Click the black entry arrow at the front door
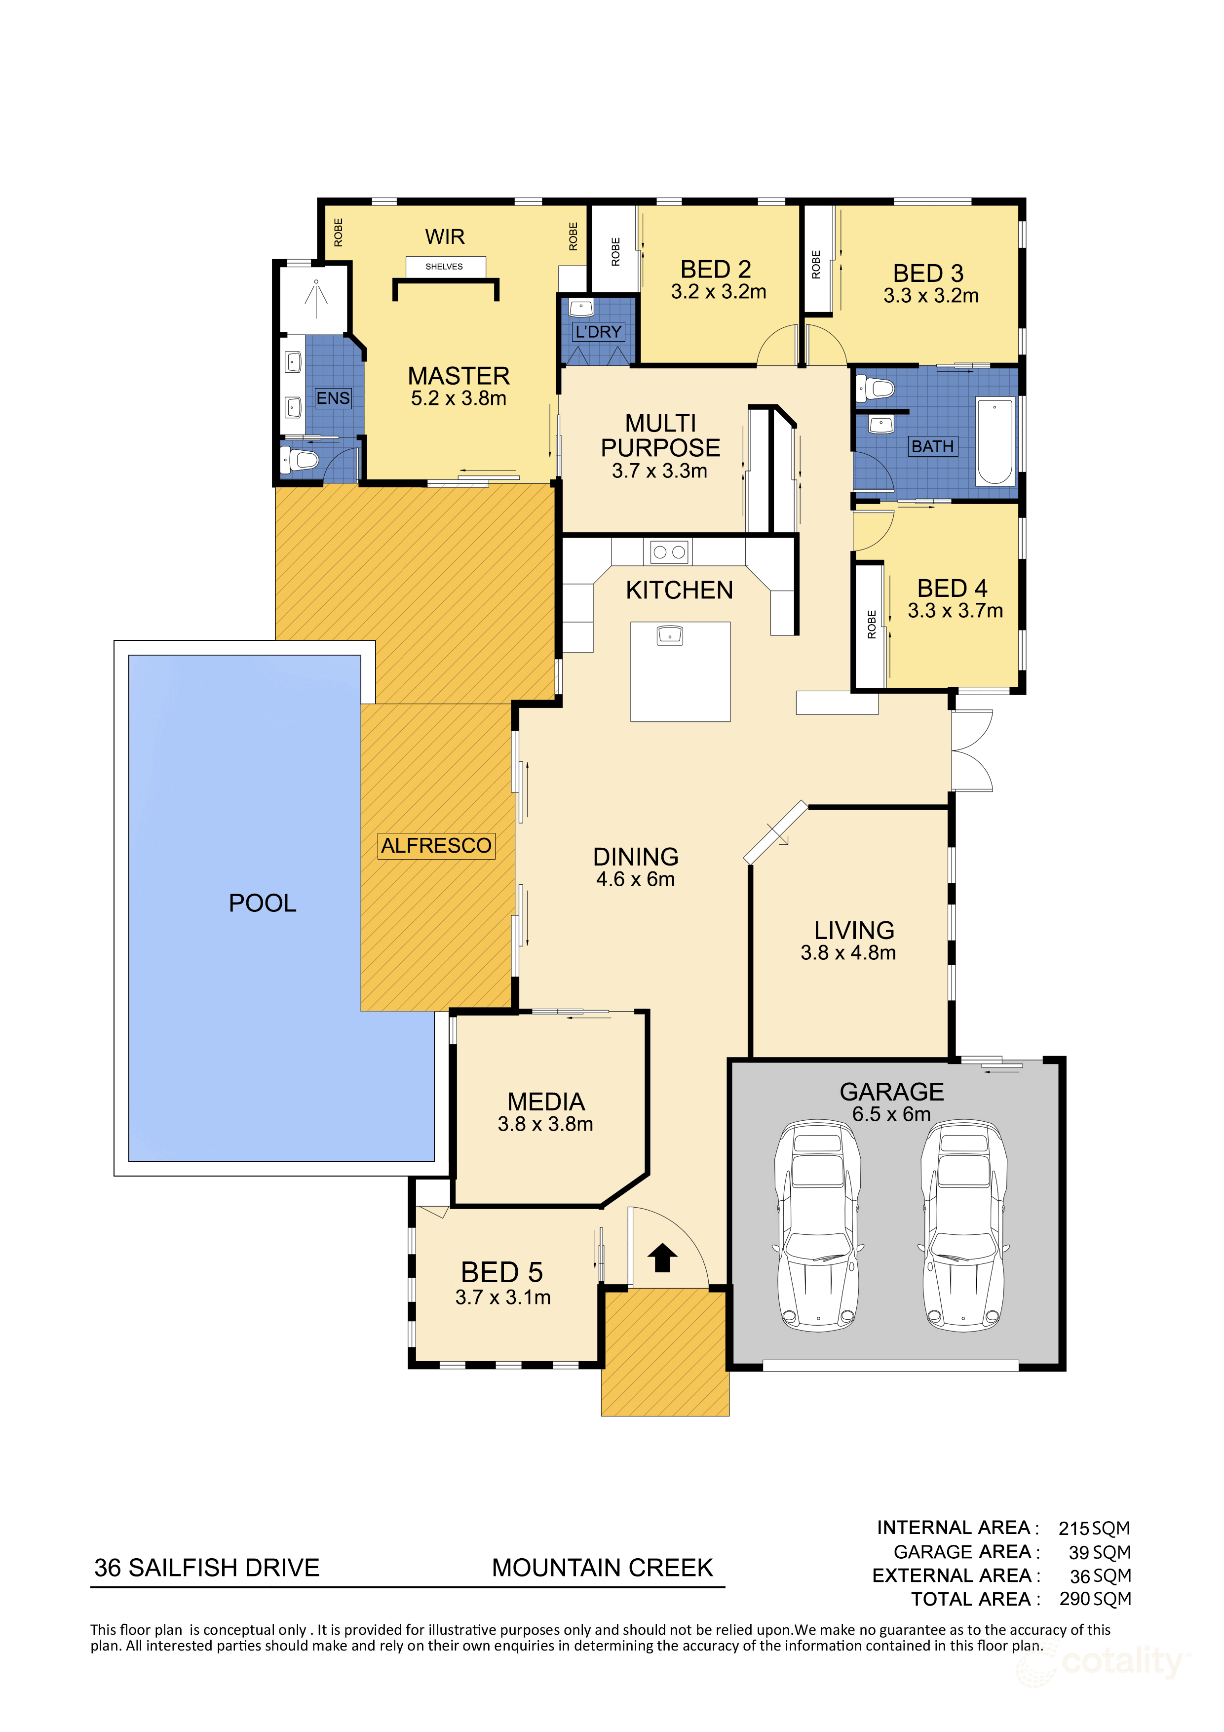[663, 1258]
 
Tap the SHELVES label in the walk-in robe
[444, 266]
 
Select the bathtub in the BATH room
[994, 441]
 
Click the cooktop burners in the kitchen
[669, 551]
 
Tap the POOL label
[263, 903]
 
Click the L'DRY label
[598, 332]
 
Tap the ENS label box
[333, 398]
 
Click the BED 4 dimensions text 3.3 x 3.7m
[955, 610]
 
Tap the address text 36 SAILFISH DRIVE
[207, 1568]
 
